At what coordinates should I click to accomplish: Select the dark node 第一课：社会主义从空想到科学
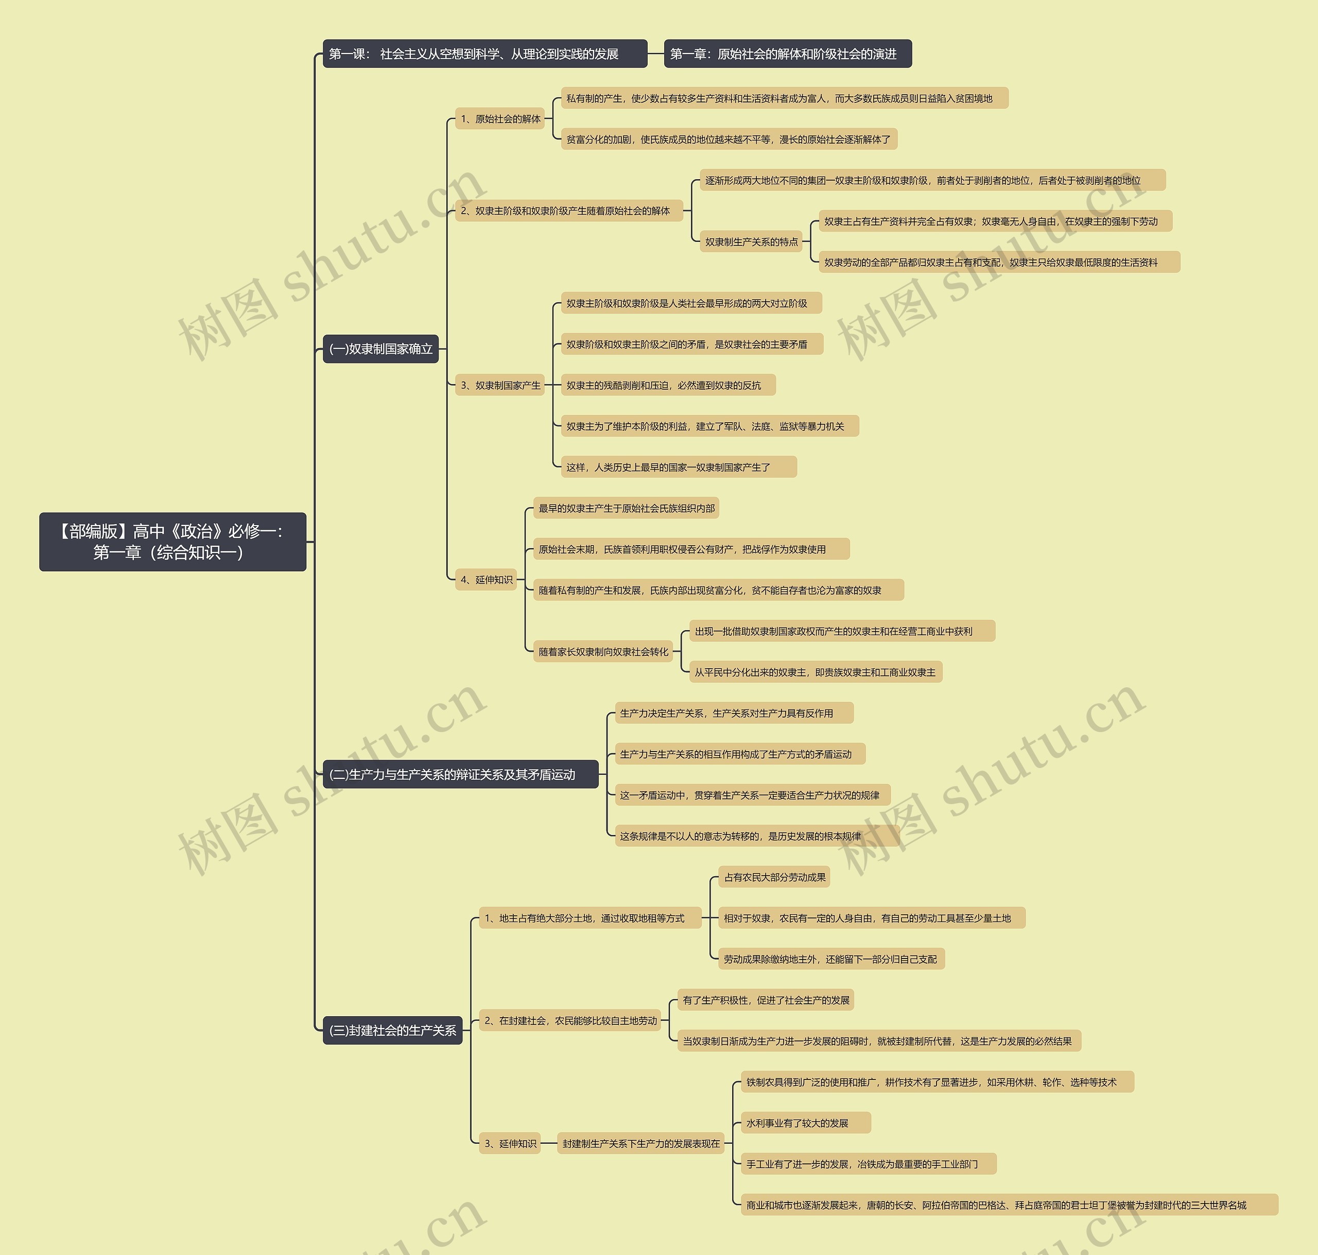484,54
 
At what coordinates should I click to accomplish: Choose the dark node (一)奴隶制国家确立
380,348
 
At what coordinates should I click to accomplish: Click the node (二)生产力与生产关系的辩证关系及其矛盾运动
460,774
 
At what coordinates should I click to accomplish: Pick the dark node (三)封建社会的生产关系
392,1030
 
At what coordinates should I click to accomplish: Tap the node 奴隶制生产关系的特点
751,242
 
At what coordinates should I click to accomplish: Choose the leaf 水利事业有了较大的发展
806,1123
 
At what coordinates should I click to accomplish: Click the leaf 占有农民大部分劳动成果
774,877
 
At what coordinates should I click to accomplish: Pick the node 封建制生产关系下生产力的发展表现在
641,1144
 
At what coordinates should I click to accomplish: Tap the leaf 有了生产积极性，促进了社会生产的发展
766,1000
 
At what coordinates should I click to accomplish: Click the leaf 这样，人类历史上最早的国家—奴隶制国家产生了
679,467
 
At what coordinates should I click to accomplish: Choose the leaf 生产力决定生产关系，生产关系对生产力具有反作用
733,713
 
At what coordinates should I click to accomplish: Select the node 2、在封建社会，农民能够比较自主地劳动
570,1021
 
